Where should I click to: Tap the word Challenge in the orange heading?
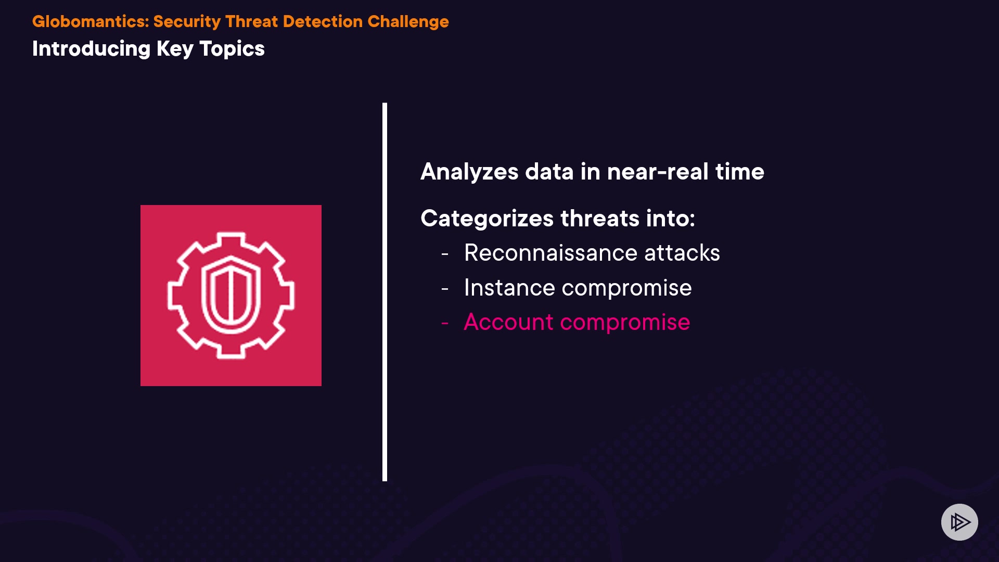[x=408, y=22]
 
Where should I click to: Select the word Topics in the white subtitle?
[x=232, y=49]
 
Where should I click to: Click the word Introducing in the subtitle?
[x=91, y=49]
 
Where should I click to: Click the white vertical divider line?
[x=385, y=292]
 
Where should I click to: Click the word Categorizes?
[x=487, y=219]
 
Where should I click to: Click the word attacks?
[x=682, y=253]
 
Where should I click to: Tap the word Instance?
[x=509, y=288]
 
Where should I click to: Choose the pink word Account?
[x=508, y=322]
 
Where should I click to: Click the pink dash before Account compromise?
[x=445, y=324]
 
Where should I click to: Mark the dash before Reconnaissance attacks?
[x=445, y=254]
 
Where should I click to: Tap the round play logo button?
[x=959, y=522]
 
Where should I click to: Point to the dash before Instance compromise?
[x=445, y=289]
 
